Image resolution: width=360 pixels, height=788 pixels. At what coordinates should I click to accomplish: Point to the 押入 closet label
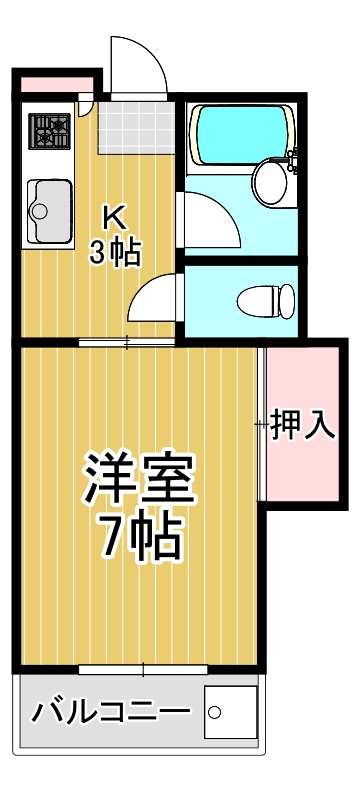tap(303, 424)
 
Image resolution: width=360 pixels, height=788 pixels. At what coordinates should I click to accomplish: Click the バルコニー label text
tap(110, 714)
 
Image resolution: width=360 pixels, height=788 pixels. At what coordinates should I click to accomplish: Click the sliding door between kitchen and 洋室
tap(127, 343)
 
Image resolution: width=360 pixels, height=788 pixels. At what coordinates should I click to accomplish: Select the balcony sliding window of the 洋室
tap(143, 667)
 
